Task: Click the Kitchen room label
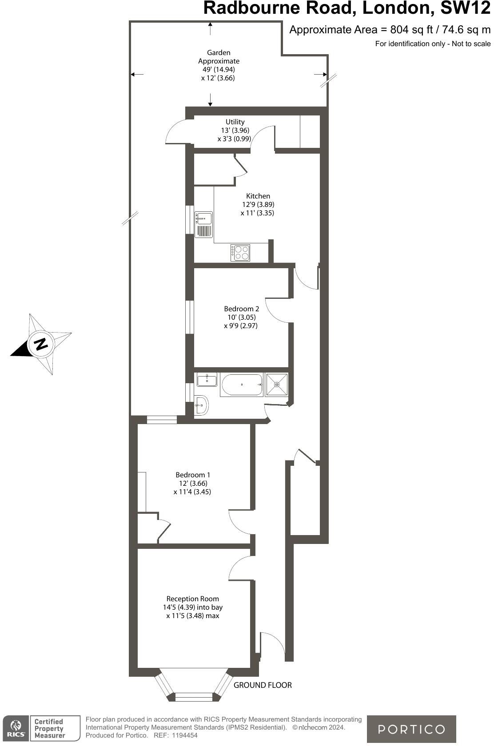(258, 196)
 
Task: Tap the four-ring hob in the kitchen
(240, 253)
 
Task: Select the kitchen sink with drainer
(204, 225)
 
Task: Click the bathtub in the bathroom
(242, 385)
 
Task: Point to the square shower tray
(276, 385)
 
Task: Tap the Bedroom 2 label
(241, 309)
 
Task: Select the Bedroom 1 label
(193, 475)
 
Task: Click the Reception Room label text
(192, 599)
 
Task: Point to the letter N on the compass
(41, 343)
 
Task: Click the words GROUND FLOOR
(263, 685)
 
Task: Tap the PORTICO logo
(411, 729)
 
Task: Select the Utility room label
(235, 122)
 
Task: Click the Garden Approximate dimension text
(219, 65)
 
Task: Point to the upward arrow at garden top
(210, 28)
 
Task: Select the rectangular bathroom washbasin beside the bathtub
(207, 380)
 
